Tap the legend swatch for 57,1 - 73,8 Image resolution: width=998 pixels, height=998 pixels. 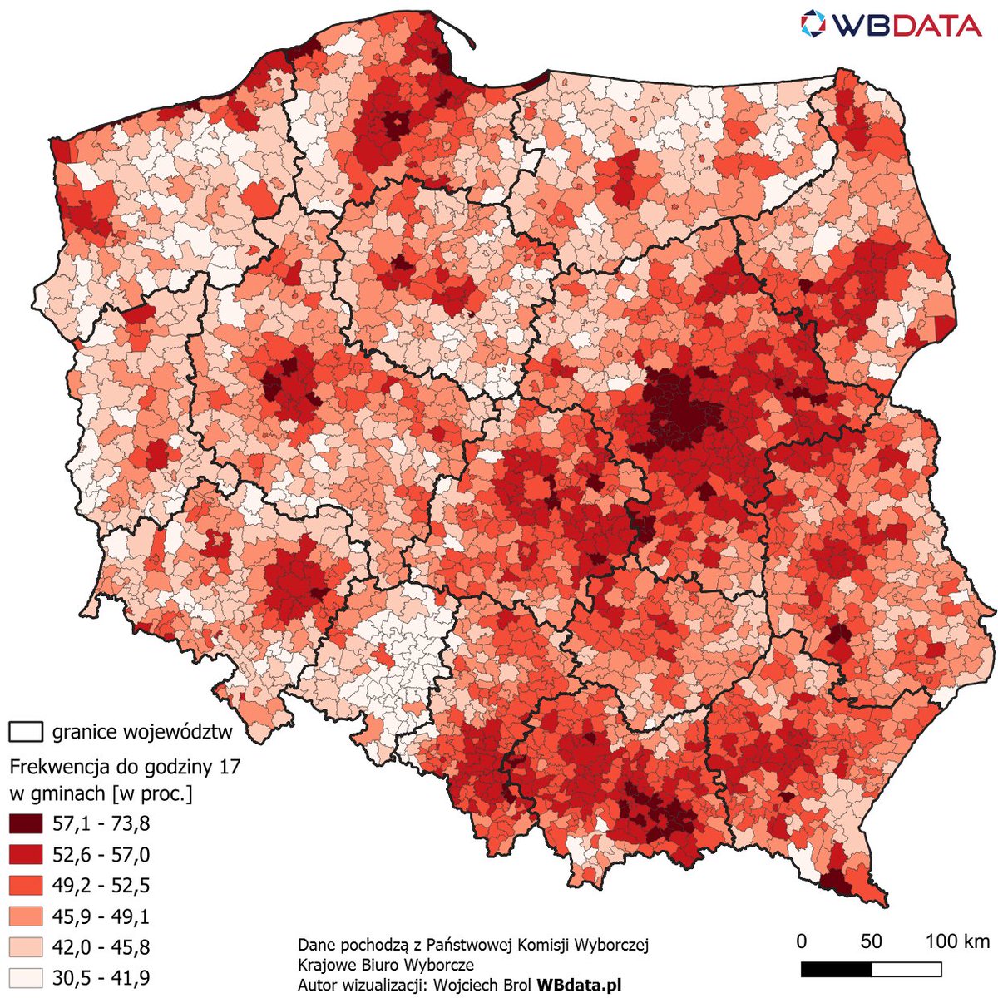tap(26, 824)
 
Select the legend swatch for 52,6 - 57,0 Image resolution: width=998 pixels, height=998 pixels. tap(26, 855)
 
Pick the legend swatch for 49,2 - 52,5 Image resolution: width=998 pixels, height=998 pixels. tap(26, 885)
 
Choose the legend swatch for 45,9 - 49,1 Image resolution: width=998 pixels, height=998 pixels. tap(26, 916)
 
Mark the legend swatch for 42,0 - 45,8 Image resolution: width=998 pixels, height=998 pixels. tap(26, 946)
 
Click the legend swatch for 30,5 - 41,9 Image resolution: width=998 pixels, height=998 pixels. tap(26, 976)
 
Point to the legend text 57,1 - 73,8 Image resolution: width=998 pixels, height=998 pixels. tap(101, 824)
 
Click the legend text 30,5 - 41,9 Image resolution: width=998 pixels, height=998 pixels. tap(101, 977)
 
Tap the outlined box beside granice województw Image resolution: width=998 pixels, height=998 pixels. tap(26, 732)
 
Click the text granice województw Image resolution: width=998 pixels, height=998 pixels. tap(142, 732)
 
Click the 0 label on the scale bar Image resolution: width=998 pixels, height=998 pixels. tap(801, 941)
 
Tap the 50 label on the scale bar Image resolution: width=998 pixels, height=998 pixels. tap(871, 941)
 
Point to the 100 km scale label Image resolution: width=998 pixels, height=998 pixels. tap(957, 941)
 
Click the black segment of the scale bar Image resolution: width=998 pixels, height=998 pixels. tap(836, 970)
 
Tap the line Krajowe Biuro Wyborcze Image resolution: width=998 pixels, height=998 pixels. tap(386, 965)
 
